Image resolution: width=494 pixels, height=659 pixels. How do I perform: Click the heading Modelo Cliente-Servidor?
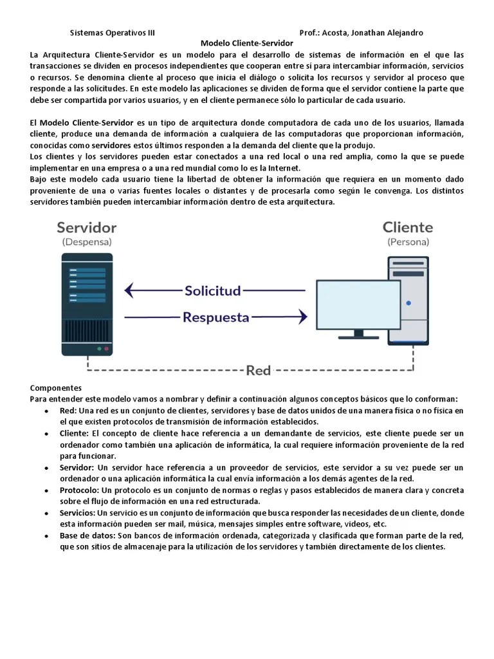pyautogui.click(x=246, y=43)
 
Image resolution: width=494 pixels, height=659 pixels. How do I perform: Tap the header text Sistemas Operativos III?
pyautogui.click(x=112, y=33)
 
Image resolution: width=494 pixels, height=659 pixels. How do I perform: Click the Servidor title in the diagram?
pyautogui.click(x=87, y=227)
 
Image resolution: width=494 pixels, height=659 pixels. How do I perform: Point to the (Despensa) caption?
pyautogui.click(x=87, y=243)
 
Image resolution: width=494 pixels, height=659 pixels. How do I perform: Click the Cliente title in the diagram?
pyautogui.click(x=408, y=227)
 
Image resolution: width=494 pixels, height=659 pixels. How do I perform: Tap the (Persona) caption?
pyautogui.click(x=408, y=243)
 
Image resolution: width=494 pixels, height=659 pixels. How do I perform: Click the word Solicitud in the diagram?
pyautogui.click(x=213, y=290)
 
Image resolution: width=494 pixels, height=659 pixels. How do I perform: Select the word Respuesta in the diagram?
pyautogui.click(x=215, y=317)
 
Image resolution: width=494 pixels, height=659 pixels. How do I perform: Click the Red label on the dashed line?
pyautogui.click(x=259, y=370)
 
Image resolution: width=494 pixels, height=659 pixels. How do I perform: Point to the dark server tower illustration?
pyautogui.click(x=87, y=304)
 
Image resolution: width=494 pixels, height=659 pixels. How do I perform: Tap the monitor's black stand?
pyautogui.click(x=358, y=335)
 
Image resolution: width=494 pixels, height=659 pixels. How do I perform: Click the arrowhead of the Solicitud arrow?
pyautogui.click(x=129, y=290)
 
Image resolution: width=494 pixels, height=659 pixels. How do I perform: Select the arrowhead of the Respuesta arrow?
pyautogui.click(x=302, y=317)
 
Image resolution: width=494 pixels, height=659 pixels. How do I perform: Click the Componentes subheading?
pyautogui.click(x=56, y=388)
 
